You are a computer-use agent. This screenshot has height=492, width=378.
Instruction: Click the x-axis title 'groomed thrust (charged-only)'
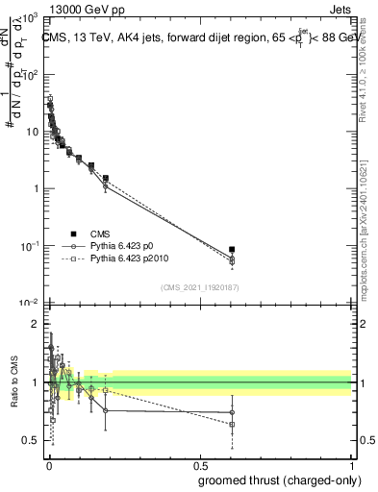275,480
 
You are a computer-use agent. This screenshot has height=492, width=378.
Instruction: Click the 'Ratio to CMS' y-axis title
15,381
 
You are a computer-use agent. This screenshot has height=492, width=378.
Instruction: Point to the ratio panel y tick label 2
35,325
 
